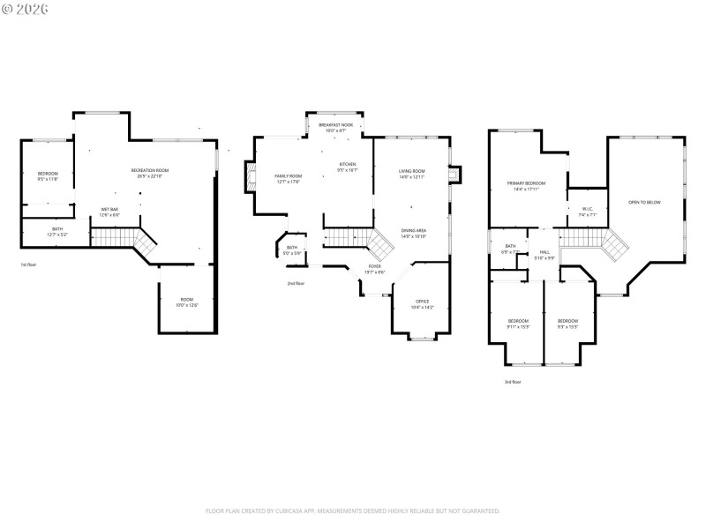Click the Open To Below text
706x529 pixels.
click(644, 203)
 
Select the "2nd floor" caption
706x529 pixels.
click(296, 284)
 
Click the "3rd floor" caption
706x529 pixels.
click(512, 382)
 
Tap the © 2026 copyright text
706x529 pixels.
click(26, 9)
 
